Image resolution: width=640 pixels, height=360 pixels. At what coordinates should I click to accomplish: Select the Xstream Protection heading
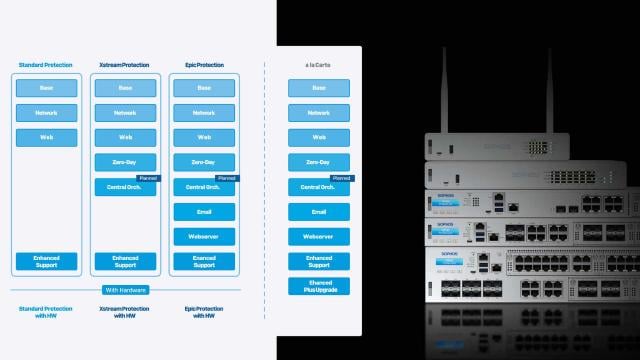coord(125,65)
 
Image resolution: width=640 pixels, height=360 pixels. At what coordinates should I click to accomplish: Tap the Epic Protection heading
coord(203,65)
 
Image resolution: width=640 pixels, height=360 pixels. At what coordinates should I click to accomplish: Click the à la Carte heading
coord(318,65)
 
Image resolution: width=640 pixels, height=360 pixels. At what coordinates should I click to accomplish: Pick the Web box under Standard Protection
coord(46,137)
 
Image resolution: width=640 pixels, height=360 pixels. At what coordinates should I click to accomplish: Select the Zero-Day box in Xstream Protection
coord(125,161)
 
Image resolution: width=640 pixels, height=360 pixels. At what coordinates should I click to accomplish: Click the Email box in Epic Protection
coord(203,211)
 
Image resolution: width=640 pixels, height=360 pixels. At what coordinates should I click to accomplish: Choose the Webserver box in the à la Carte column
coord(318,236)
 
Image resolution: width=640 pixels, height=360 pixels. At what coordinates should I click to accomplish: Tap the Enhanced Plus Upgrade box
coord(318,286)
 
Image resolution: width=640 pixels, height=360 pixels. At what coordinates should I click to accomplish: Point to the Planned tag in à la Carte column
coord(341,177)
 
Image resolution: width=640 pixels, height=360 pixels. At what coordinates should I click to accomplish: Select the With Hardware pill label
coord(125,290)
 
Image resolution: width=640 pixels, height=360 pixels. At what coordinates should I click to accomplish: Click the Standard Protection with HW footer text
coord(46,313)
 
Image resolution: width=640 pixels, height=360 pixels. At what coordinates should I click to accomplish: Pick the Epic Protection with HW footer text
coord(203,313)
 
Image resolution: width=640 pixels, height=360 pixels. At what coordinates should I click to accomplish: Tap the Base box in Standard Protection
coord(46,88)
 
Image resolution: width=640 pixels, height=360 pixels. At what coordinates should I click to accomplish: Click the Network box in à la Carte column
coord(318,113)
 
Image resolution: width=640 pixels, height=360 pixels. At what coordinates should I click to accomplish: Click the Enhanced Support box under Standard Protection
coord(46,261)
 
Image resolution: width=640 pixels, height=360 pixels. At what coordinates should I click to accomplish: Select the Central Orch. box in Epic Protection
coord(203,187)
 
